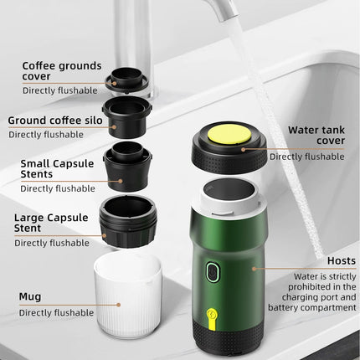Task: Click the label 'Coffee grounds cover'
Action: (62, 71)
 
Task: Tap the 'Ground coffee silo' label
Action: (57, 121)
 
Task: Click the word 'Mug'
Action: (29, 296)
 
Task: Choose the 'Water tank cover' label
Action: (316, 135)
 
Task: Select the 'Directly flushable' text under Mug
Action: (57, 313)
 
